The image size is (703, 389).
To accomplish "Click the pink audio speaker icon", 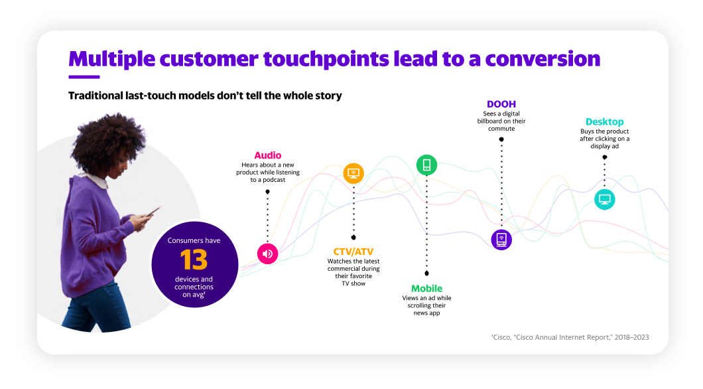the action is (x=268, y=254).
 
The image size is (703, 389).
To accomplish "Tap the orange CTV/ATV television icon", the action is (x=353, y=173).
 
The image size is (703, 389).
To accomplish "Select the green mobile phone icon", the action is (x=427, y=165).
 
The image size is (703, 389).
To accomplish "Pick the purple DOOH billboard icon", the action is (x=501, y=240).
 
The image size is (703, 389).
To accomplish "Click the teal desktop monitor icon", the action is (x=604, y=199).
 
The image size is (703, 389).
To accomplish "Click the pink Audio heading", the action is (x=268, y=155).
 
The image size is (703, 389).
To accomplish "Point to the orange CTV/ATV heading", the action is (x=353, y=252).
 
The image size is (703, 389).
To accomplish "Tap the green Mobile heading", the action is (x=427, y=289).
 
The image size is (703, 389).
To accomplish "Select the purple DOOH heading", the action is (x=501, y=104).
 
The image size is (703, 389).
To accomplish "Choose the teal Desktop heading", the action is (x=604, y=122).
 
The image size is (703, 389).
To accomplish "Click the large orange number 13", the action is (x=194, y=260).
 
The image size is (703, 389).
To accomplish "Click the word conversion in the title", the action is (x=543, y=59).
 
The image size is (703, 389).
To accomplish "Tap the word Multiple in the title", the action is (x=111, y=60).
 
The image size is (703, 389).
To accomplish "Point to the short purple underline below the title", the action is (x=84, y=77).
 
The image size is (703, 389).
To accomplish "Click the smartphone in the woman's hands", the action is (x=152, y=212).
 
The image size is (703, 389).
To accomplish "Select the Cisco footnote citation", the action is (x=570, y=337).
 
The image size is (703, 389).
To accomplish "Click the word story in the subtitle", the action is (x=329, y=96).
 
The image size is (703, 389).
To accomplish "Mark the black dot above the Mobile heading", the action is (x=427, y=273).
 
